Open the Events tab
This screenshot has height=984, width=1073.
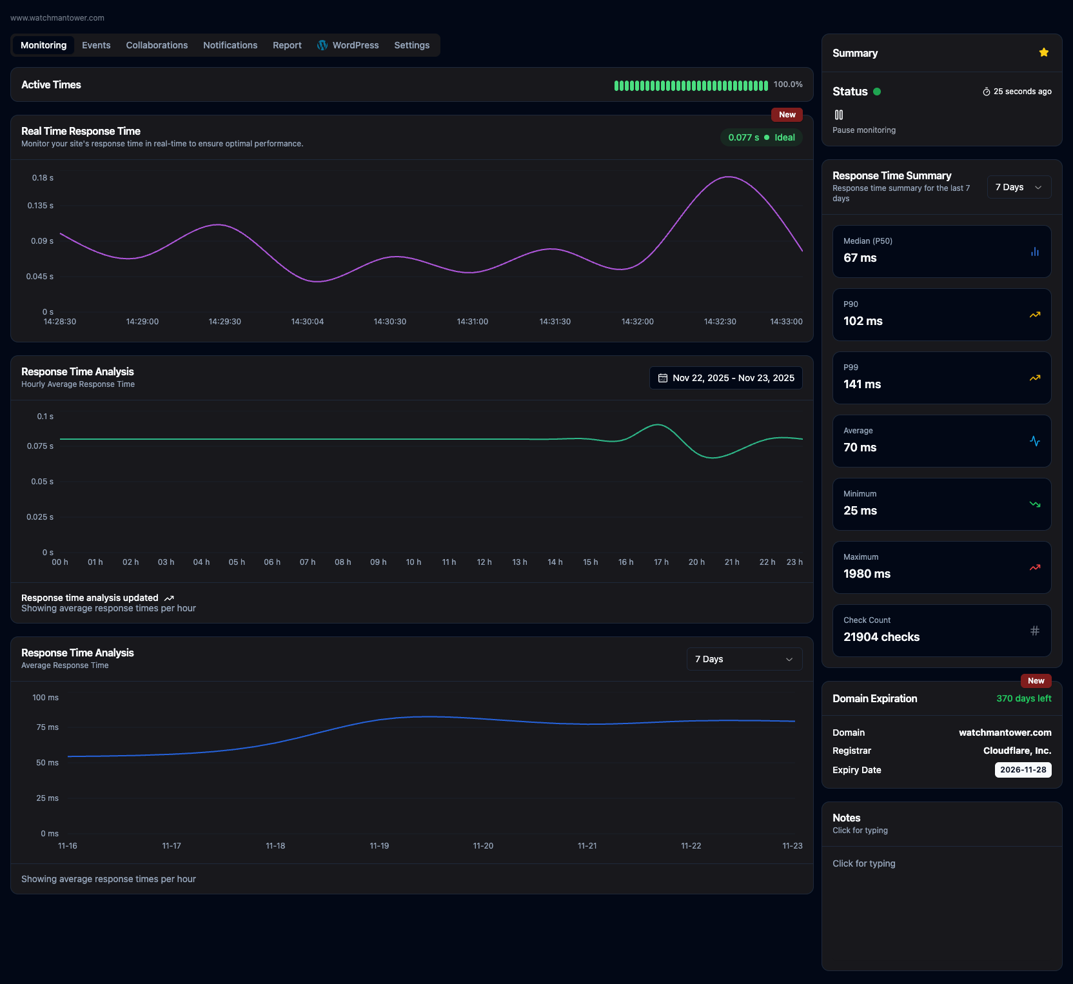[96, 45]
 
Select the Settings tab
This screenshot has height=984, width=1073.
[411, 45]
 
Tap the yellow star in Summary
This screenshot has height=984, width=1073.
[1043, 53]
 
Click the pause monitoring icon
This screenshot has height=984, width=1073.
[838, 115]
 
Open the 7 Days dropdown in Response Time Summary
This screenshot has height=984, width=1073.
[1018, 187]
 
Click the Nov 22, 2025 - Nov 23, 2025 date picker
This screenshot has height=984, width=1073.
[725, 378]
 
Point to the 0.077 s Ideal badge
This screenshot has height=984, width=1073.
[761, 137]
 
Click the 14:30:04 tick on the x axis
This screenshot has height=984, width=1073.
[307, 321]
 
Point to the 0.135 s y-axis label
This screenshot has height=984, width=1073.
[40, 206]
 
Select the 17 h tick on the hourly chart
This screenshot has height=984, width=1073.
[661, 562]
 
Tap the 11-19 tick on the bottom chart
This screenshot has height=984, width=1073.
[379, 846]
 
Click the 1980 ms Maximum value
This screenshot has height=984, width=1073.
[867, 574]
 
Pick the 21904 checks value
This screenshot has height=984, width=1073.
[881, 637]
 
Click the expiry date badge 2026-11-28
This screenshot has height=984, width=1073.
[1023, 770]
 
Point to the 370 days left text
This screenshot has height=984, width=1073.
[1023, 698]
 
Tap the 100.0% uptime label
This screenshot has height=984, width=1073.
[788, 84]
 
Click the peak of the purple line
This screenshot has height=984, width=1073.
[728, 177]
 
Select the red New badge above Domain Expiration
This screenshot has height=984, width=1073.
[1036, 681]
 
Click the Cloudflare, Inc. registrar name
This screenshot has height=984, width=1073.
[1017, 751]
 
